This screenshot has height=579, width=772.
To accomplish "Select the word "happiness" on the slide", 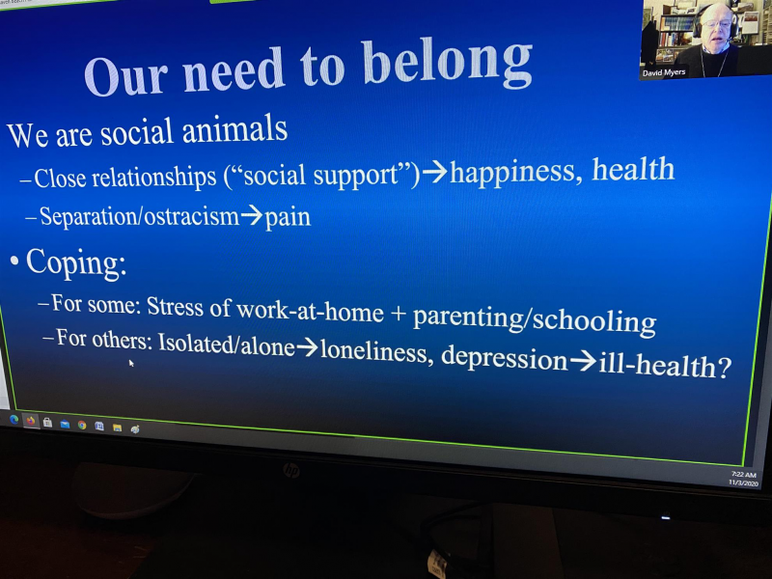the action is pos(512,173).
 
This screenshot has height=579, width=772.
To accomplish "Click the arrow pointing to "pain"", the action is pos(252,214).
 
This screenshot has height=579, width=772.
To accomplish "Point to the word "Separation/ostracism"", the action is pos(139,215).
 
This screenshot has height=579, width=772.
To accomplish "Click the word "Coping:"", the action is pos(76,262).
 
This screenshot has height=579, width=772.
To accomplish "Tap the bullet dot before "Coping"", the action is pos(14,261).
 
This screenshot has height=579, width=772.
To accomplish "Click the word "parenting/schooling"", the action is pos(535,319).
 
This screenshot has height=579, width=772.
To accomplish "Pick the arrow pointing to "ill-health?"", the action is pos(583,361).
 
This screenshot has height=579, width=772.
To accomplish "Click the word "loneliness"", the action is pos(373,351).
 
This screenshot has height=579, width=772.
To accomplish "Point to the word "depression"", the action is pos(505,357).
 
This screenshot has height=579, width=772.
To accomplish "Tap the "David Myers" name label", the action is pos(663,72).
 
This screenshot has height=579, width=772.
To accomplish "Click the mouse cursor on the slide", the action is pos(131,363).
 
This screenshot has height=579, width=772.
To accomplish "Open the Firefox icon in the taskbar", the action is pos(31,421).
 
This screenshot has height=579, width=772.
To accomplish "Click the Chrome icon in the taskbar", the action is pos(82,425).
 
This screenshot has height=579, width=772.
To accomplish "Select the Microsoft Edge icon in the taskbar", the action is pos(14,420).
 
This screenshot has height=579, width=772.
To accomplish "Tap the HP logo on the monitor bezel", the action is pos(291,470).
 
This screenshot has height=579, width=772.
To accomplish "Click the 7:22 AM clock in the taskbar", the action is pos(743,475).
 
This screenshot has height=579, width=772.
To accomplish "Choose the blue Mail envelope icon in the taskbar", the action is pos(65,424).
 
